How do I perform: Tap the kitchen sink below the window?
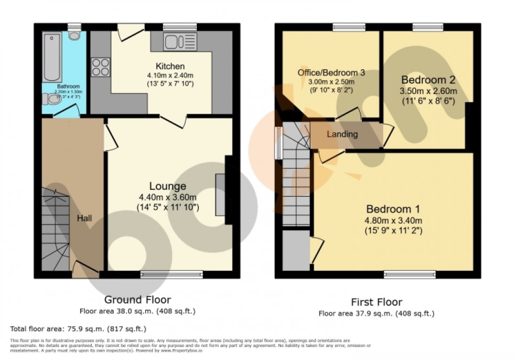pos(179,41)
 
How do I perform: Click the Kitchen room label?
pos(170,67)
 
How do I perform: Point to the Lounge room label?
pos(167,186)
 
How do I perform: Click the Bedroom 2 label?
pos(428,80)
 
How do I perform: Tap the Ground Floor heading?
pos(137,300)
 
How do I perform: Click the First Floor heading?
pos(376,302)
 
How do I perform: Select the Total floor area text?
pos(78,330)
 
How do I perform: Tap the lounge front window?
pos(172,273)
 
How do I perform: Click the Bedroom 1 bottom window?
pos(410,273)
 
